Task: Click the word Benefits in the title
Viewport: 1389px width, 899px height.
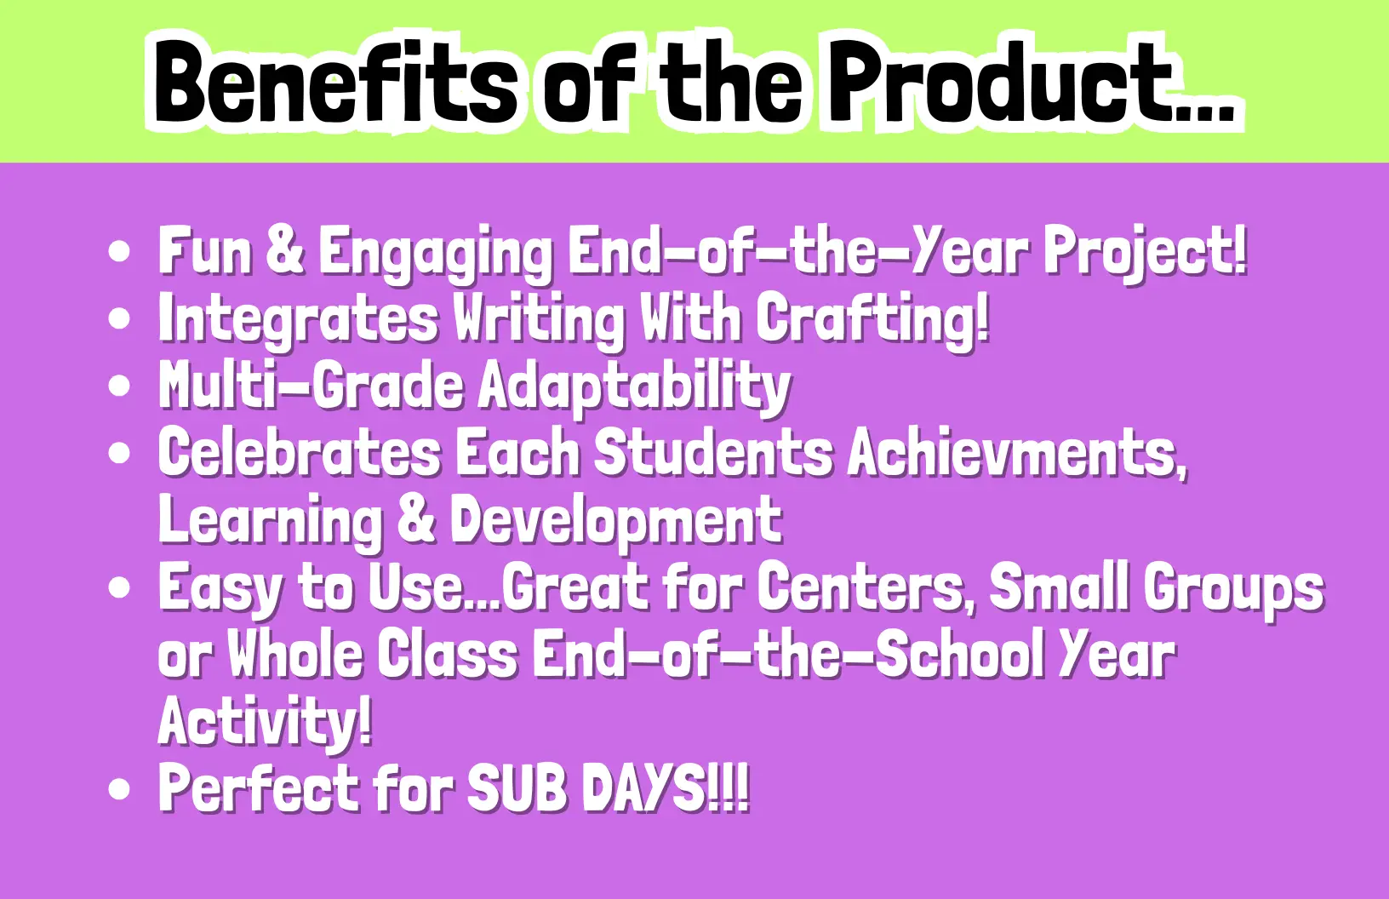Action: tap(335, 81)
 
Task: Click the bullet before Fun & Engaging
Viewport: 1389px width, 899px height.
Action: tap(119, 252)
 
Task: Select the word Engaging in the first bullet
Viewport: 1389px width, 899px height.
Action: tap(435, 255)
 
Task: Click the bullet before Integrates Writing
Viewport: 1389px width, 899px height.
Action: tap(119, 319)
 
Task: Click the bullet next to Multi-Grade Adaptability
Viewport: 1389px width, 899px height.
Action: tap(119, 386)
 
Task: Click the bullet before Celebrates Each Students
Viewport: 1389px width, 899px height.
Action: tap(119, 453)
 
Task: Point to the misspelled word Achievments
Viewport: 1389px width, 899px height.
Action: tap(1018, 454)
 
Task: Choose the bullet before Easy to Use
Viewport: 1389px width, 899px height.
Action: tap(119, 587)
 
